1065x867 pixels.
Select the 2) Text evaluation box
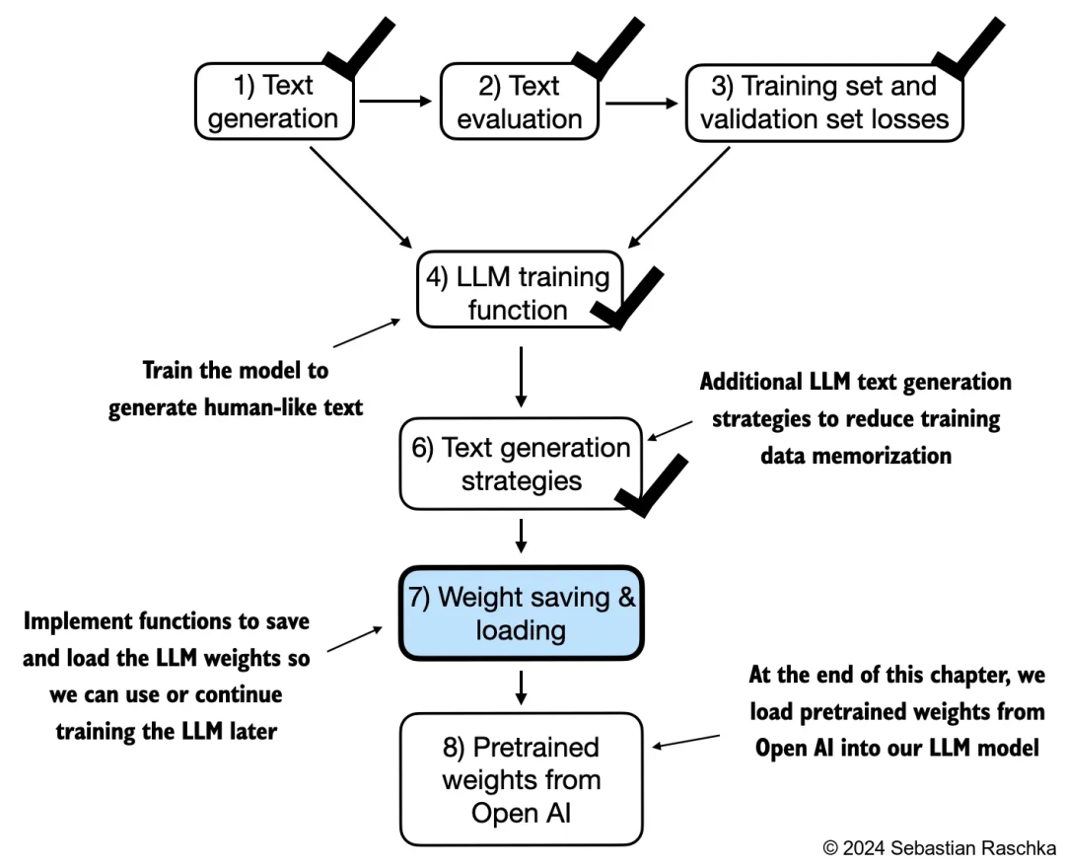[519, 103]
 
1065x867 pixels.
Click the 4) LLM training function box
[517, 293]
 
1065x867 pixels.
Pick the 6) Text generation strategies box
[520, 464]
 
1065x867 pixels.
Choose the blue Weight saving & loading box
[521, 613]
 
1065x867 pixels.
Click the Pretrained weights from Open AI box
[521, 779]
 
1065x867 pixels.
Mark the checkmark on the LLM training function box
[625, 295]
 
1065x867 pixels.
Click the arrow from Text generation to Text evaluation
[396, 101]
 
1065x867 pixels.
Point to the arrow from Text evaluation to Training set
[642, 102]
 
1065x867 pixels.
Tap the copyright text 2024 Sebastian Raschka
[939, 847]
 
